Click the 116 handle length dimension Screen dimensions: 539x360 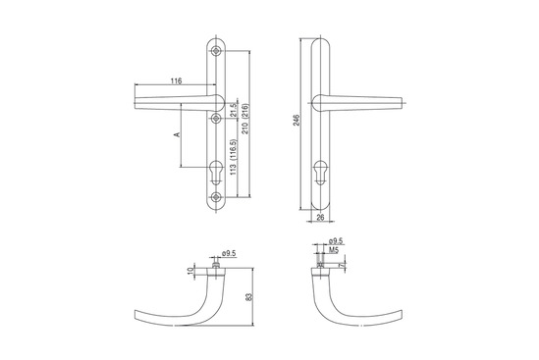coord(177,81)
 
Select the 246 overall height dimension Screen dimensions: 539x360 coord(296,120)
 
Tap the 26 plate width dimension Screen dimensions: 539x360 coord(320,217)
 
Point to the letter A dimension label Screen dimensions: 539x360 coord(178,134)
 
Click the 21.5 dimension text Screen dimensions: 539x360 coord(234,110)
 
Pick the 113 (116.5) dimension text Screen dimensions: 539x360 coord(234,157)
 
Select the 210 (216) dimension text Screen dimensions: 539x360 coord(245,119)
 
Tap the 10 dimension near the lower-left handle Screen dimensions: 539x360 coord(190,271)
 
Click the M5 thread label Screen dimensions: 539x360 coord(334,250)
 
